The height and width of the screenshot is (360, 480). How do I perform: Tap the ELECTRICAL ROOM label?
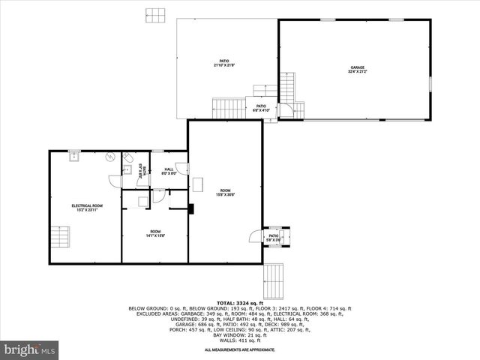point(87,208)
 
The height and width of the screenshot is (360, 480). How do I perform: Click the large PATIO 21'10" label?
point(224,63)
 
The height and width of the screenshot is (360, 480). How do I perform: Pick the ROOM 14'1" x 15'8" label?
point(155,233)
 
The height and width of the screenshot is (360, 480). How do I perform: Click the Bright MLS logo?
point(30,349)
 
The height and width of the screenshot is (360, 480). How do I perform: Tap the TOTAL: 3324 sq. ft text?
point(239,302)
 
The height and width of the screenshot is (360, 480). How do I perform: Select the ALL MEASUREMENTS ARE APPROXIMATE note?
point(239,350)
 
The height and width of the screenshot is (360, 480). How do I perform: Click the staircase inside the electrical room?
point(61,237)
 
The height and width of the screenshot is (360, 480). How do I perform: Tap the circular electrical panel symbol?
point(109,157)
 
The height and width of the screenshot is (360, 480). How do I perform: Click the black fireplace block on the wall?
point(191,208)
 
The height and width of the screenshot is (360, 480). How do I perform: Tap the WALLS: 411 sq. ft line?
point(239,340)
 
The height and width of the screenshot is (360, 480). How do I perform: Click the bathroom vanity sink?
point(127,170)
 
